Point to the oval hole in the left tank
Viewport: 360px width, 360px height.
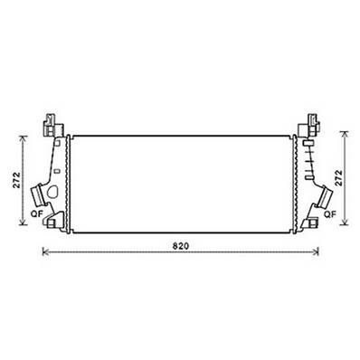[56, 192]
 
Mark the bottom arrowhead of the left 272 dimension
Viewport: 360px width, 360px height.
[23, 226]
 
